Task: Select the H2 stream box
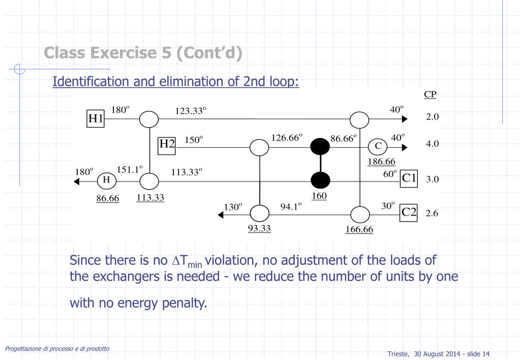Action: click(167, 144)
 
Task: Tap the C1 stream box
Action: click(409, 178)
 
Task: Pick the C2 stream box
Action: click(409, 213)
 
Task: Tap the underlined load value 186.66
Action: click(382, 162)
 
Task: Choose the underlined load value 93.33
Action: click(259, 228)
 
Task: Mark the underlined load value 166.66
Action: click(359, 229)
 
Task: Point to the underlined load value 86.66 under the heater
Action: click(108, 198)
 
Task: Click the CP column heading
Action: click(430, 95)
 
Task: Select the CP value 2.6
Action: click(432, 214)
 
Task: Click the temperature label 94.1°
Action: click(291, 206)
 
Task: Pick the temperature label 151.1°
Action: click(130, 169)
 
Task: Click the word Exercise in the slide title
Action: click(134, 52)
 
